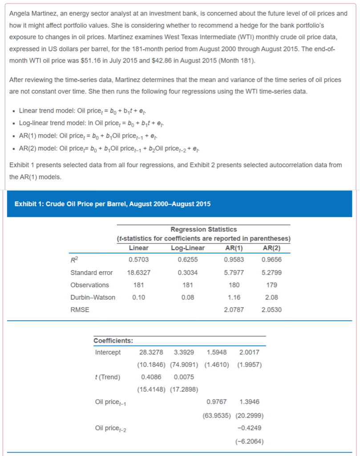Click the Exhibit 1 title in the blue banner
[113, 204]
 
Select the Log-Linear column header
[188, 248]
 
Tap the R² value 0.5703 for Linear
[138, 260]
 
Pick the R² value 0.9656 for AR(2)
[272, 260]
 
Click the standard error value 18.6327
[138, 272]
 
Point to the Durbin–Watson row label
[93, 297]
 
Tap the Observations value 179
[272, 285]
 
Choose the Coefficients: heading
[113, 341]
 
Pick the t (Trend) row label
[108, 377]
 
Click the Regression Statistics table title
[203, 229]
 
